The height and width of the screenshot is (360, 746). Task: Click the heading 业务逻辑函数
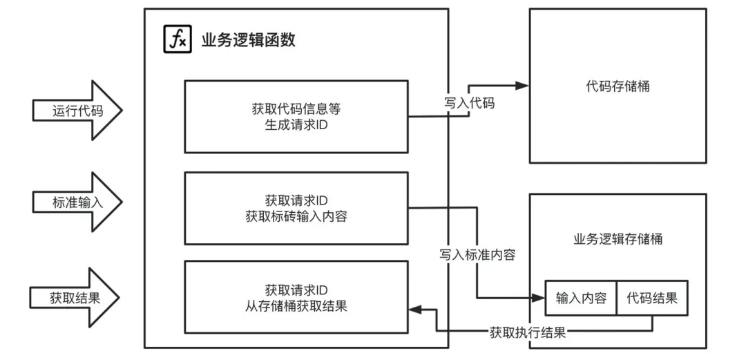coord(248,40)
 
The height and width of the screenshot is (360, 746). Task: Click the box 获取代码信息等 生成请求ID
coord(296,117)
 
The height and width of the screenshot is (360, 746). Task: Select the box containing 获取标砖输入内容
coord(296,208)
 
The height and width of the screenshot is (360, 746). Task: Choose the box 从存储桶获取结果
coord(296,297)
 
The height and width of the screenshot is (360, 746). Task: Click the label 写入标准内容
coord(477,254)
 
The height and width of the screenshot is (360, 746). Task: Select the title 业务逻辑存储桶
coord(618,239)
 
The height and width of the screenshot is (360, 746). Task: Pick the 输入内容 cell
coord(581,299)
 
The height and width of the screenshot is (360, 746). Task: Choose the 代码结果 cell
coord(652,299)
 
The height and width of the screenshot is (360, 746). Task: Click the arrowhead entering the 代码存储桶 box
coord(522,86)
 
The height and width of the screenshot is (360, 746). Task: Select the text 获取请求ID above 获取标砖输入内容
coord(296,200)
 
